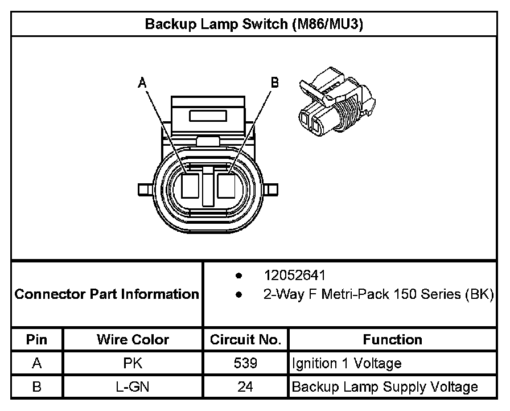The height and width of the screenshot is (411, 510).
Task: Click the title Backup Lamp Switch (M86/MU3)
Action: click(254, 24)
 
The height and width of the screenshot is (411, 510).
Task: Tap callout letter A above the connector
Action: click(143, 83)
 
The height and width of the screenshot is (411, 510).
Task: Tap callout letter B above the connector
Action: click(274, 83)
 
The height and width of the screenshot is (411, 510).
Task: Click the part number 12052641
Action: click(294, 276)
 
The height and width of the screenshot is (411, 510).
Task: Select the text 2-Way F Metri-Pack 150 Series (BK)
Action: click(378, 295)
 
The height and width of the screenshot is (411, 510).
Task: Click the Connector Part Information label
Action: click(106, 294)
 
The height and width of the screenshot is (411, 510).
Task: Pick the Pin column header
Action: click(37, 340)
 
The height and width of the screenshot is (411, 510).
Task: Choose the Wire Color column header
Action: click(133, 340)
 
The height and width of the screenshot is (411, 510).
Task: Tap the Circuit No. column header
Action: click(245, 340)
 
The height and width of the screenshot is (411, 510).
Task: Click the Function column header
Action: click(392, 340)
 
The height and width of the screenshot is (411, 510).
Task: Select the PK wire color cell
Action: click(133, 363)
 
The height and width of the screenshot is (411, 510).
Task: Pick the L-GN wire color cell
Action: click(133, 387)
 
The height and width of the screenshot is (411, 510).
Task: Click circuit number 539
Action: click(245, 363)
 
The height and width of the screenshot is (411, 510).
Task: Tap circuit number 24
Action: click(245, 387)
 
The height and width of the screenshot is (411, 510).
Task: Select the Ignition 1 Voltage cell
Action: click(347, 363)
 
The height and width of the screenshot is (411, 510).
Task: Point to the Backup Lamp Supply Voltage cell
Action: click(384, 387)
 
